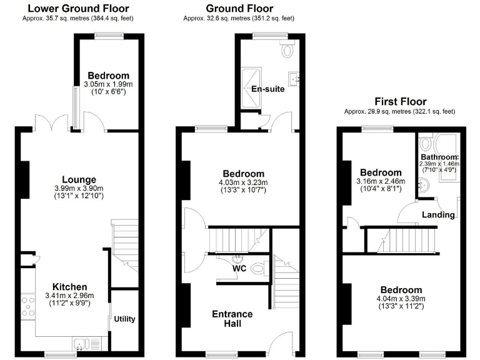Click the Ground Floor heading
(239, 8)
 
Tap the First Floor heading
(400, 101)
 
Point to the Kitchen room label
(69, 287)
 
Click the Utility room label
(124, 319)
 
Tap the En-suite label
(267, 89)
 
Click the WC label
(239, 269)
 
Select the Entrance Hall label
(232, 318)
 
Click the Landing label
(438, 214)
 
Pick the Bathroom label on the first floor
(439, 157)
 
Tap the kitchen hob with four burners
(29, 306)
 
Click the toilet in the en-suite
(288, 49)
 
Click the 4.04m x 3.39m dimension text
(400, 299)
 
